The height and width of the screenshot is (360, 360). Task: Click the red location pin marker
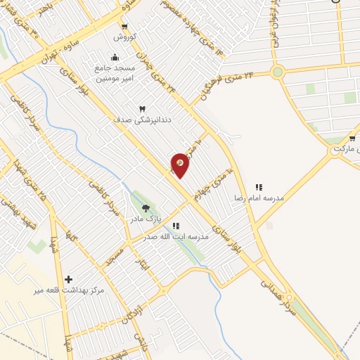pos(180,165)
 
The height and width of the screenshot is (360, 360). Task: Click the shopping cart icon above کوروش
pos(124,26)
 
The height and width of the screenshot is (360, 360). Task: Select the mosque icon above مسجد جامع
pos(115,58)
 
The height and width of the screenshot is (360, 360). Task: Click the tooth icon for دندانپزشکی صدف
pos(143,109)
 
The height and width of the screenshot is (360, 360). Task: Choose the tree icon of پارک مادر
pos(146,208)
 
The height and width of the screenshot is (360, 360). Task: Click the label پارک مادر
pos(145,219)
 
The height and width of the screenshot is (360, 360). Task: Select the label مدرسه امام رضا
pos(259,199)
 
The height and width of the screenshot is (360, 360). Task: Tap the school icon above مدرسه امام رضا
pos(259,188)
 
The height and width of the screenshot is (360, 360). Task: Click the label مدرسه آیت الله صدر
pos(181,237)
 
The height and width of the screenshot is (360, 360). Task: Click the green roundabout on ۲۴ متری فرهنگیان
pos(278,72)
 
